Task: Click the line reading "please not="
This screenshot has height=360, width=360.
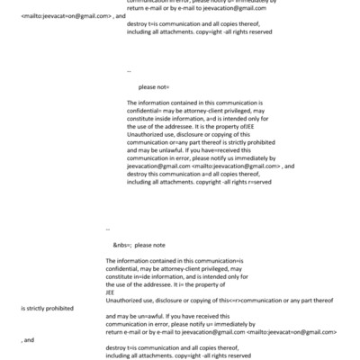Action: point(154,86)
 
